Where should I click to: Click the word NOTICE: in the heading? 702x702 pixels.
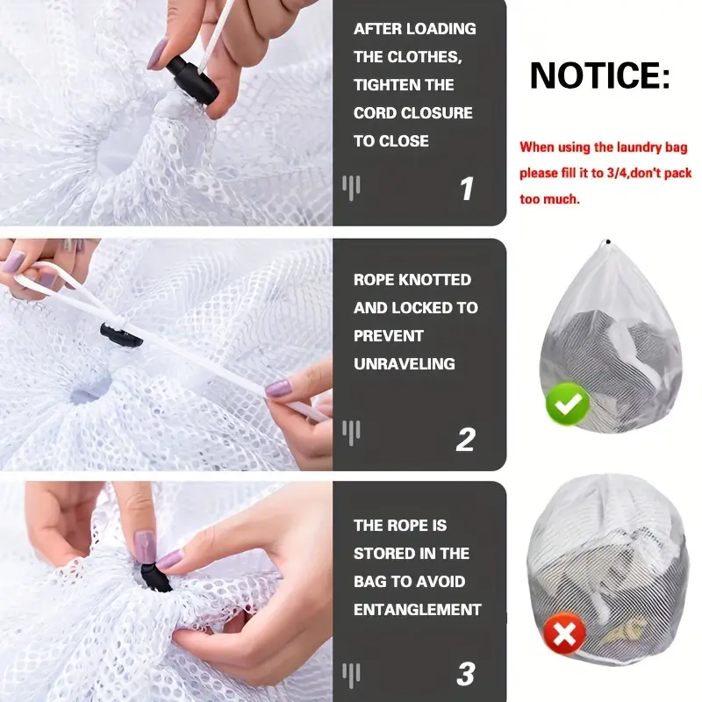[600, 75]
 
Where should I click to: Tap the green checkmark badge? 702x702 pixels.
[567, 405]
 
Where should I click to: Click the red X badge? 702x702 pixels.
[564, 634]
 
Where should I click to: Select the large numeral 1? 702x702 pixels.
[467, 189]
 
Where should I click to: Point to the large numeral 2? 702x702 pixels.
[466, 440]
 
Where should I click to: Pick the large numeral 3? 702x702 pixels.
[466, 674]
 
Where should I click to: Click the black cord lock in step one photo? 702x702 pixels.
[191, 79]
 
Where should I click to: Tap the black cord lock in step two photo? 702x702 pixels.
[121, 335]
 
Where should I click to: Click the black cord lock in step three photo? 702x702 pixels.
[155, 577]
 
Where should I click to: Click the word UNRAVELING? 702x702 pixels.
[405, 363]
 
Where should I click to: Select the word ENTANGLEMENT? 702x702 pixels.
[418, 609]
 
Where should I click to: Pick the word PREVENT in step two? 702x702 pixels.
[389, 336]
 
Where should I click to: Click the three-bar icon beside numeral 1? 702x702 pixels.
[352, 188]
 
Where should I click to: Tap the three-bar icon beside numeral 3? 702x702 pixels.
[352, 675]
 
